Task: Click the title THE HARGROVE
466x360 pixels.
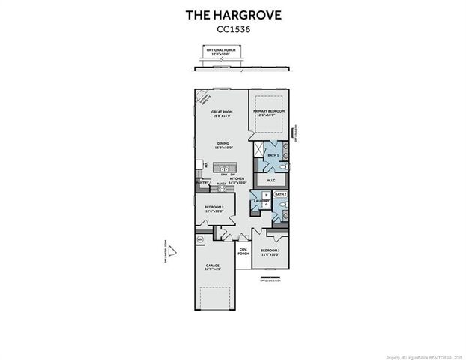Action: coord(233,14)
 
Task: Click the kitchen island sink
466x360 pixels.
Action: coord(223,169)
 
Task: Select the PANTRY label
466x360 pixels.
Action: coord(202,182)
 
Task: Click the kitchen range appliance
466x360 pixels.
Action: coord(222,188)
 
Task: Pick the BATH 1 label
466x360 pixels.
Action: coord(273,155)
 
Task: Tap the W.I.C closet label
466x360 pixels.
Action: coord(271,180)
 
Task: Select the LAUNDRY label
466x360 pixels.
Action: coord(261,201)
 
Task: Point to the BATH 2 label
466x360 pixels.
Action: coord(281,194)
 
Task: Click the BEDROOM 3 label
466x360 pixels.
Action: coord(270,252)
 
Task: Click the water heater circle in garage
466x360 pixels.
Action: coord(200,239)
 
